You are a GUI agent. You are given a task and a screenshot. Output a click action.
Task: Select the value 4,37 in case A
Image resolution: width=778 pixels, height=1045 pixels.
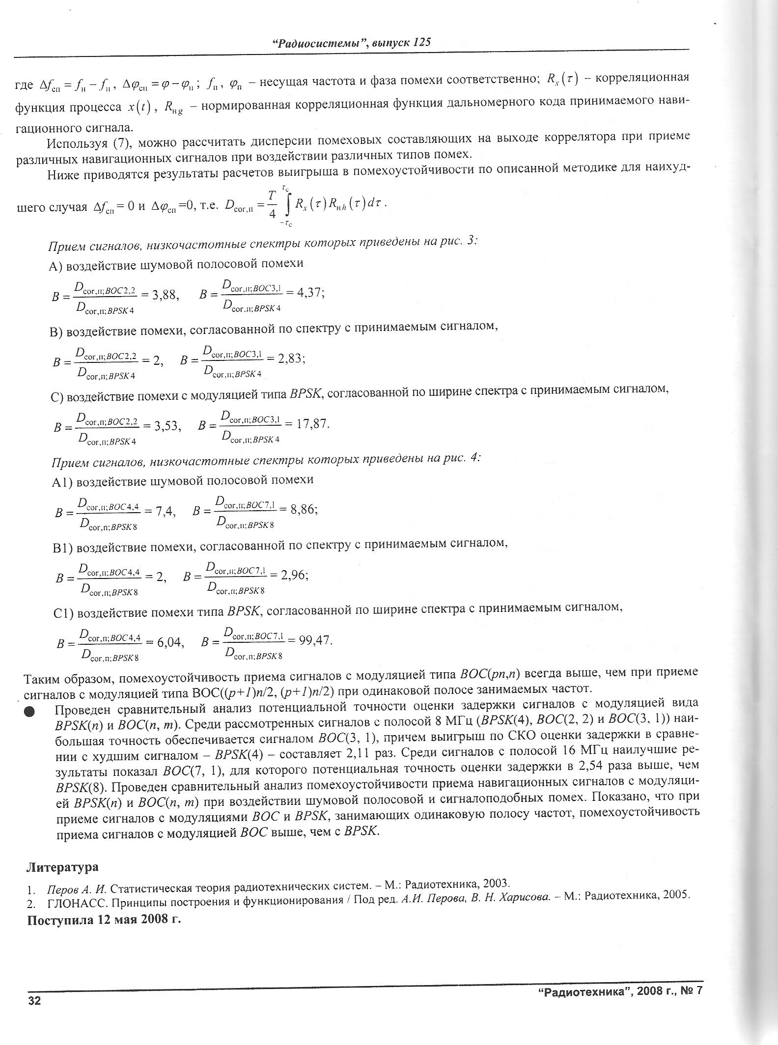309,293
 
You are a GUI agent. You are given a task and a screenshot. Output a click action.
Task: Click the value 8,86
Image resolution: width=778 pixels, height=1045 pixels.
304,509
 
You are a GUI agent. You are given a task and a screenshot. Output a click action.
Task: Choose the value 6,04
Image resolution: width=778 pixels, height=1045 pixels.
170,642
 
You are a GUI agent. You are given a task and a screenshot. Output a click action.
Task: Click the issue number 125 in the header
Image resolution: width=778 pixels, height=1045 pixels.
422,42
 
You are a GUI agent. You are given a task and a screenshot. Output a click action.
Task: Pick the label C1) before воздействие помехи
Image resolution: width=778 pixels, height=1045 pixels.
63,614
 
